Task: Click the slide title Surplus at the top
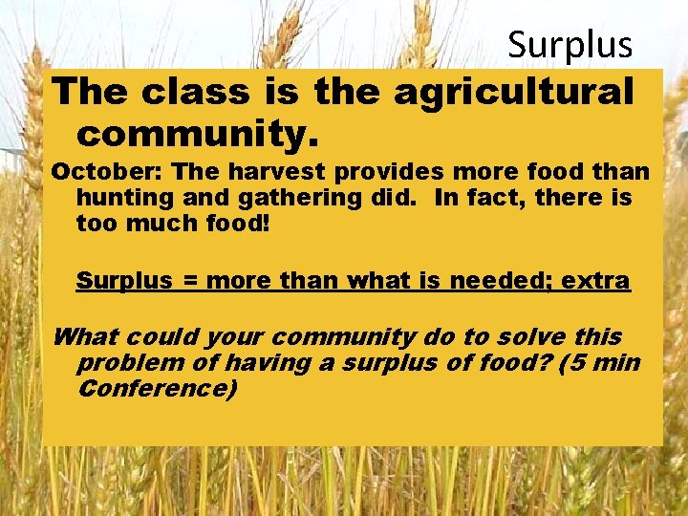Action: pos(570,44)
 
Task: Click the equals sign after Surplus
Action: pos(190,281)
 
